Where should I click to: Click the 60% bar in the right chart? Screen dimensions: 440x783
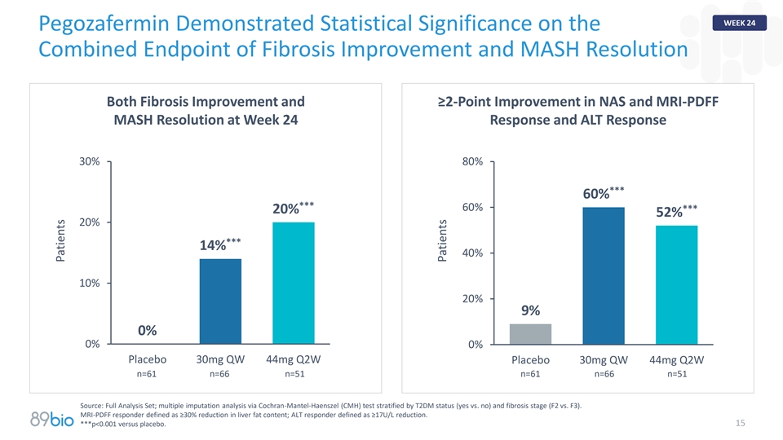pos(604,275)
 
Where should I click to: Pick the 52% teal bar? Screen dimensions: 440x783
pos(677,285)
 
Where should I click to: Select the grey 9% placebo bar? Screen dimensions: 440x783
pos(530,334)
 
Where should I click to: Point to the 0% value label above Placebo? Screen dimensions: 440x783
pos(147,330)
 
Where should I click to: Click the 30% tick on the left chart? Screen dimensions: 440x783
pos(89,161)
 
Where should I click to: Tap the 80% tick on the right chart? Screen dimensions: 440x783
pos(472,161)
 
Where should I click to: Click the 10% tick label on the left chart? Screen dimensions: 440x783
pos(89,283)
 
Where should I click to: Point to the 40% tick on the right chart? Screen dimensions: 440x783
pos(472,253)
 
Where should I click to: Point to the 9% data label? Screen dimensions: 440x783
pos(530,310)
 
